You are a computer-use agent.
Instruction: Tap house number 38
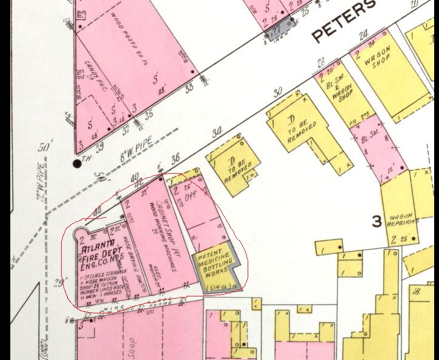tap(176, 159)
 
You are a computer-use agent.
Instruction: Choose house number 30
tap(278, 93)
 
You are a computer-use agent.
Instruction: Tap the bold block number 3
tap(377, 221)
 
